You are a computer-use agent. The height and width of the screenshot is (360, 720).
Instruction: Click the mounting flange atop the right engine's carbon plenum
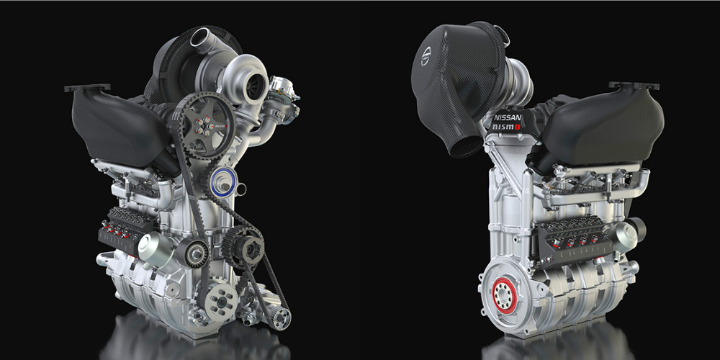point(634,86)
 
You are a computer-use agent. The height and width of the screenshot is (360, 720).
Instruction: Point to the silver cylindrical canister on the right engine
point(628,232)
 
